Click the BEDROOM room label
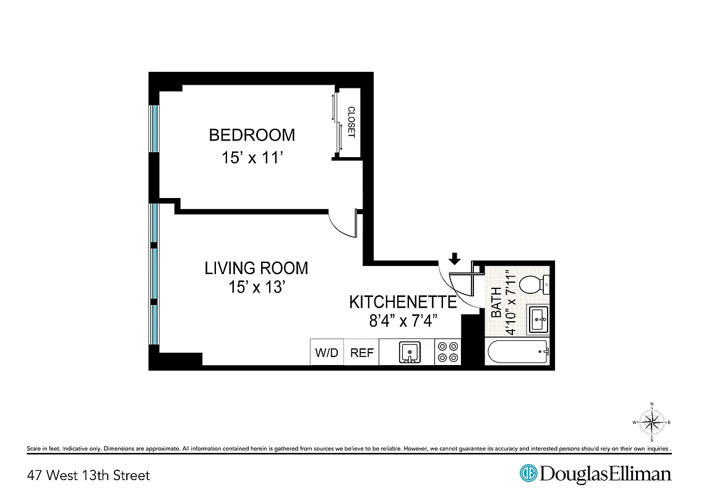click(x=252, y=135)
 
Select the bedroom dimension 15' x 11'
click(x=252, y=158)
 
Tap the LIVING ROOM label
click(x=256, y=269)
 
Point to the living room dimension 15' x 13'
click(x=256, y=288)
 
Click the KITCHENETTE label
click(x=403, y=302)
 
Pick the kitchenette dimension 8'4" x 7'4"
click(x=403, y=321)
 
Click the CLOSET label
click(x=351, y=122)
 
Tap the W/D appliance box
click(x=327, y=353)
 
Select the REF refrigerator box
click(x=362, y=353)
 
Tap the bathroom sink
click(x=538, y=320)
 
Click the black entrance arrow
click(x=455, y=259)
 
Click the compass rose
click(x=652, y=423)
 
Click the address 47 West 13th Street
click(x=88, y=475)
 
